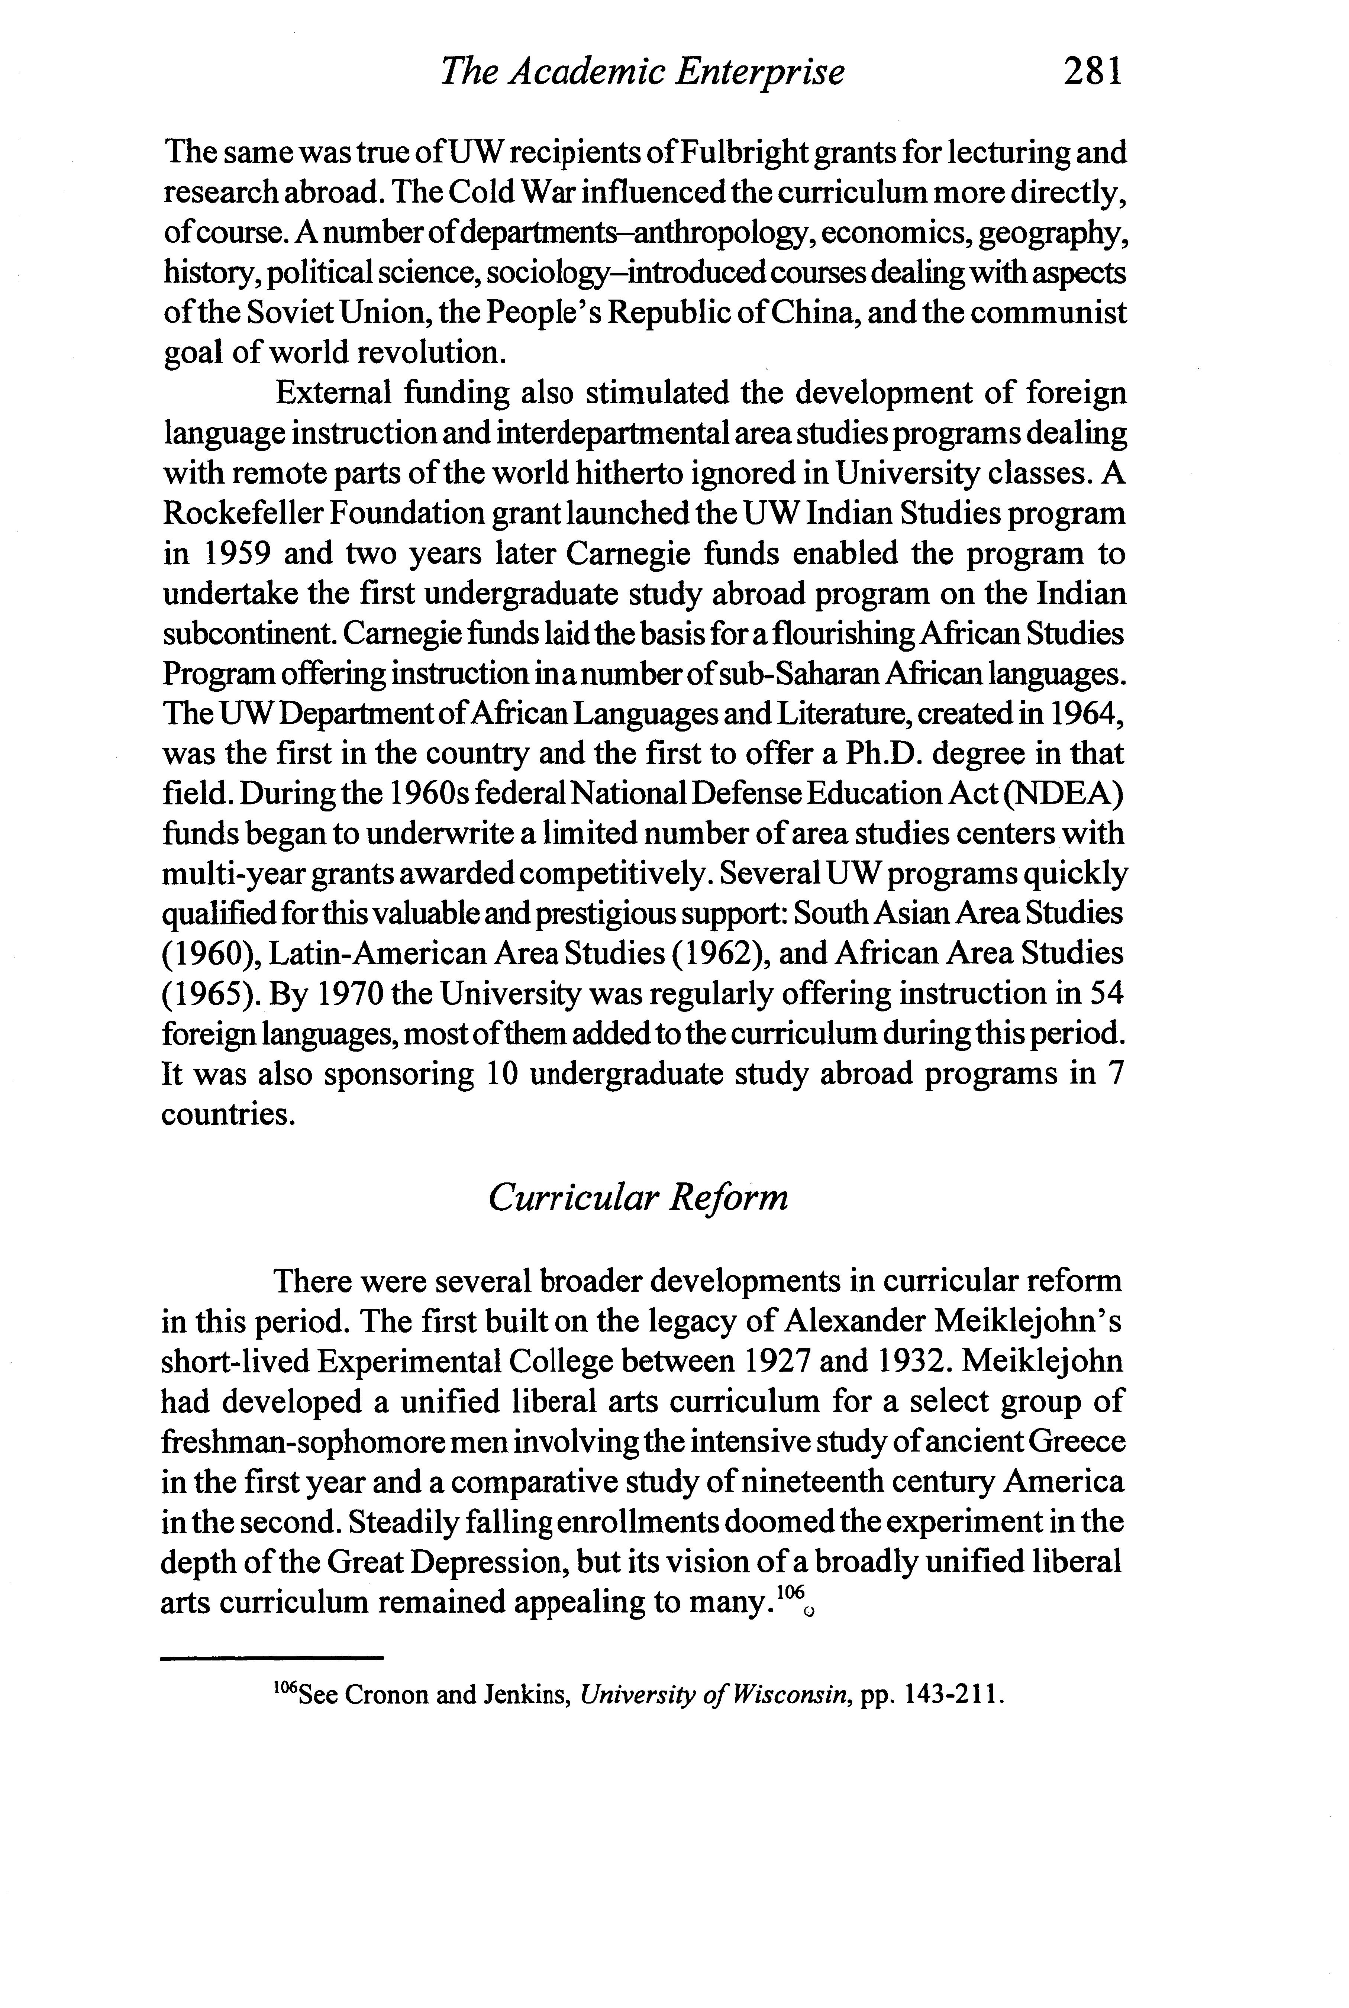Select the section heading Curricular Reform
(x=638, y=1197)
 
